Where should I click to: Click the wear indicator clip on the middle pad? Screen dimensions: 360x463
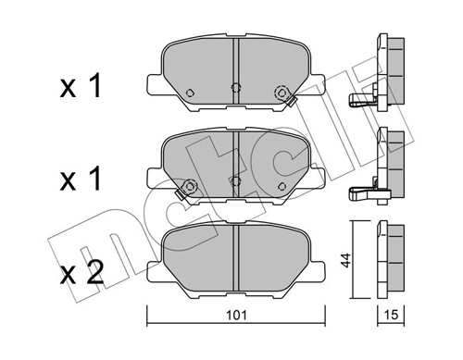coord(182,191)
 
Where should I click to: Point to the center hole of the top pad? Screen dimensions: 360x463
coord(236,90)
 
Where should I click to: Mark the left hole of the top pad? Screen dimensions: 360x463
coord(190,93)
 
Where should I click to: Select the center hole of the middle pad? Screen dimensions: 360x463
coord(236,180)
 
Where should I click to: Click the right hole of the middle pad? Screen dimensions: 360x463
coord(281,183)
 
